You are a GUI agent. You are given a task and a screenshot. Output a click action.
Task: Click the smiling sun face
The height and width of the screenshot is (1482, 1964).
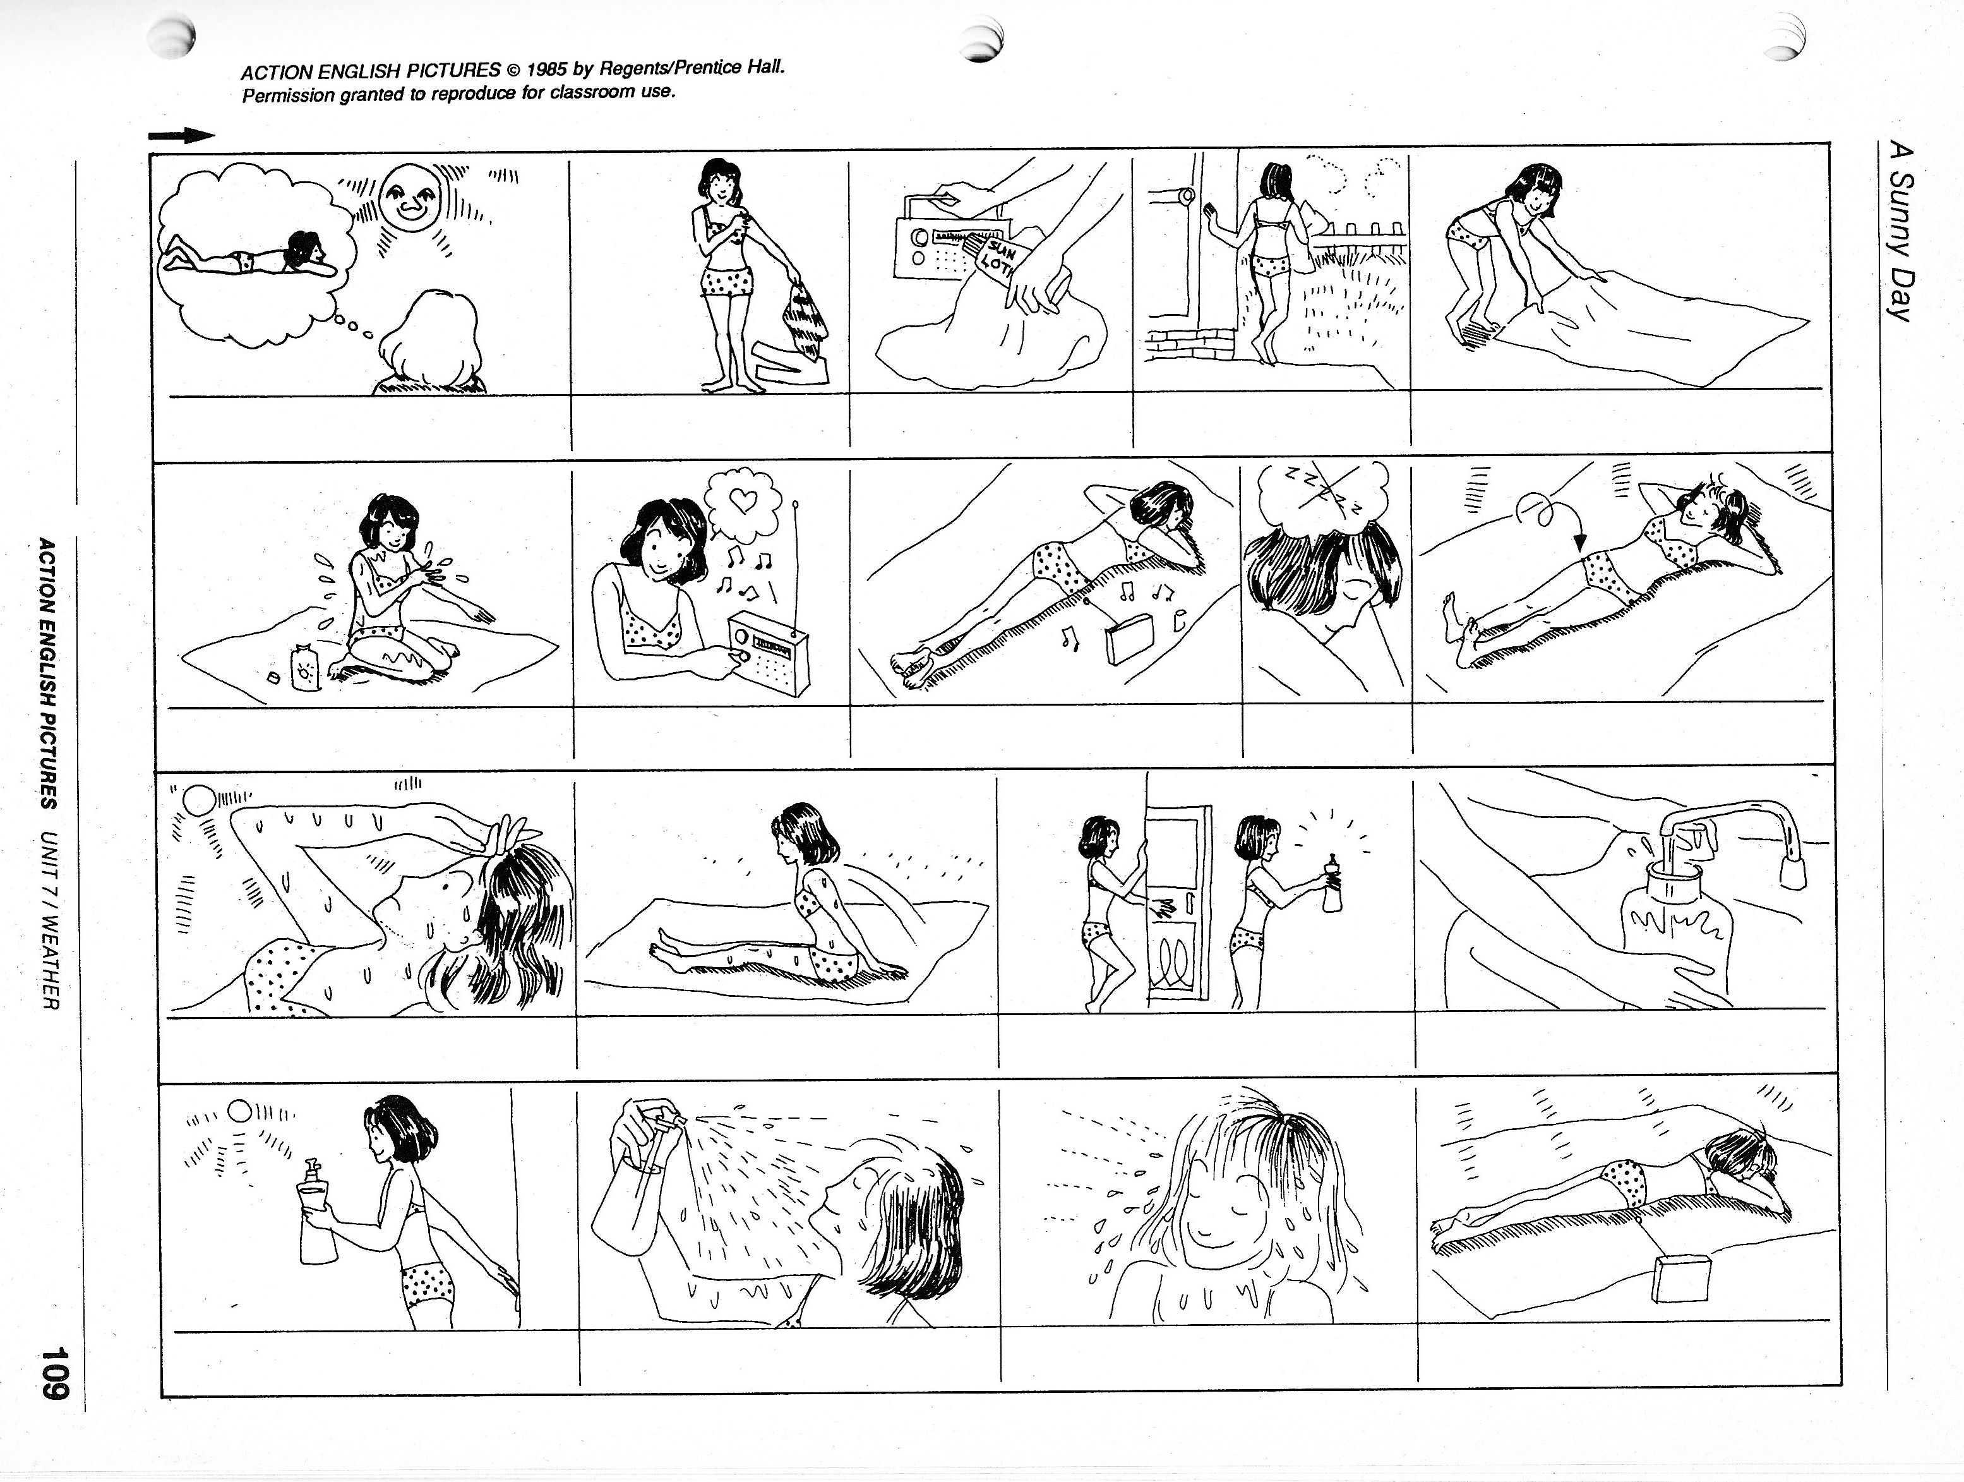point(410,203)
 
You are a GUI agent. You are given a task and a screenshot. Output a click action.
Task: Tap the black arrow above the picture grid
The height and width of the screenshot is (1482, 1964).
point(182,136)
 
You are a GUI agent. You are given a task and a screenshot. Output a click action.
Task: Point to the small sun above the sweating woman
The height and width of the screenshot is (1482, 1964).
point(197,801)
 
